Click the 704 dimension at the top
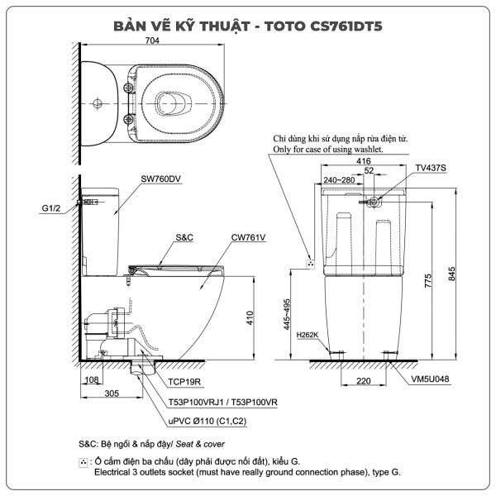(152, 41)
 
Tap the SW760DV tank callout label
(160, 179)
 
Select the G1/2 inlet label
(51, 208)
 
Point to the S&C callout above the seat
(184, 237)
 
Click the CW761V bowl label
(248, 237)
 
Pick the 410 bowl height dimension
(250, 318)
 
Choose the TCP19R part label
(184, 382)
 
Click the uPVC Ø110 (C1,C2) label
(207, 421)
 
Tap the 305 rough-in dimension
(112, 393)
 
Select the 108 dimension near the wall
(92, 379)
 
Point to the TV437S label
(431, 168)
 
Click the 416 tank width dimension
(364, 161)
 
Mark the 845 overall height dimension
(451, 274)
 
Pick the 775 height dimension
(427, 281)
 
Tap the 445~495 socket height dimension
(287, 314)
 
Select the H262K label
(308, 335)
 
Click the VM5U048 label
(430, 379)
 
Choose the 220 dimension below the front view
(364, 381)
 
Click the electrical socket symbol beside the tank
(311, 265)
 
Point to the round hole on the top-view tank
(98, 103)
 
